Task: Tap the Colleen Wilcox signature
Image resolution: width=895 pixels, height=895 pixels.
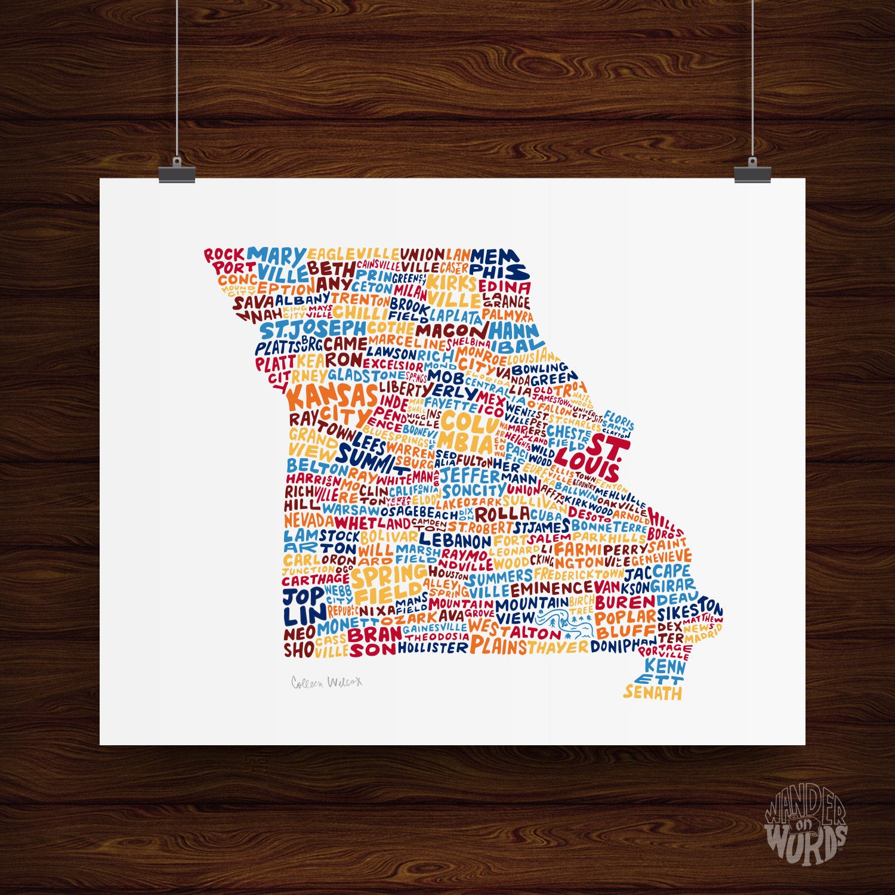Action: click(326, 681)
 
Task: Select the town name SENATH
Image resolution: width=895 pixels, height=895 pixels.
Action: click(652, 693)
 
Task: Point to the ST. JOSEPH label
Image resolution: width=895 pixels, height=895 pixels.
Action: click(312, 329)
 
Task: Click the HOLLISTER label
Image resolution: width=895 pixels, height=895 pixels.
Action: click(433, 647)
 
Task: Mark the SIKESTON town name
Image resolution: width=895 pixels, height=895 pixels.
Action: click(690, 612)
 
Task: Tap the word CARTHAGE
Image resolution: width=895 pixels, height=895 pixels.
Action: click(315, 579)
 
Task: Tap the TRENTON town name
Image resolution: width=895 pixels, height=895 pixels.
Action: click(360, 299)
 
